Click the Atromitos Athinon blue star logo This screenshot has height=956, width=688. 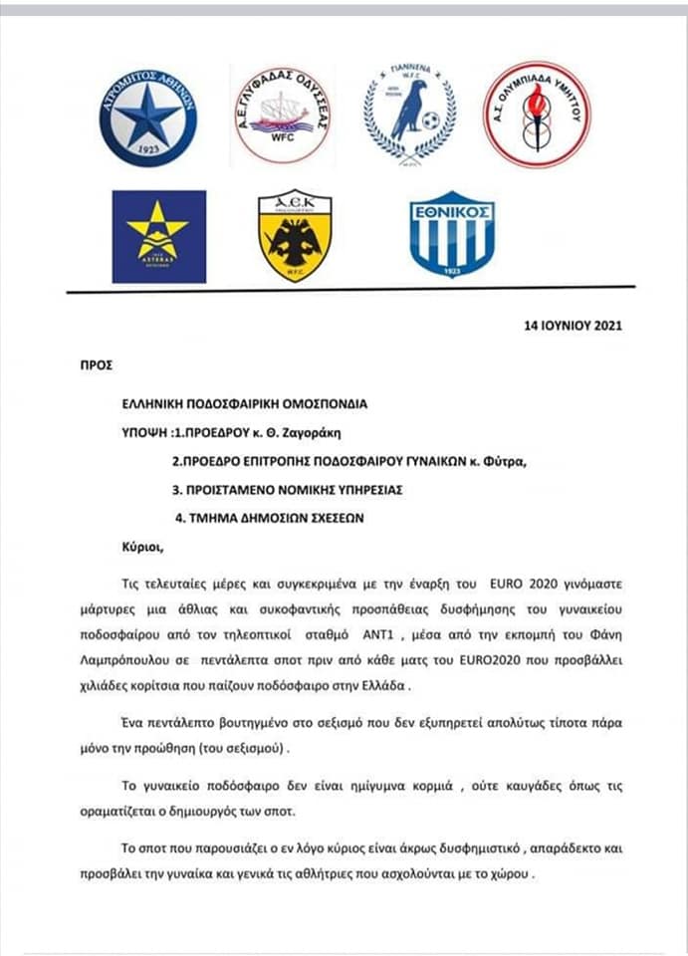tap(147, 117)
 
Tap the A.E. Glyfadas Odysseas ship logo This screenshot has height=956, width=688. tap(282, 117)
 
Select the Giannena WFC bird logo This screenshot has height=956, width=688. tap(408, 114)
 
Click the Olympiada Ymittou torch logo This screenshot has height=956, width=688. tap(537, 114)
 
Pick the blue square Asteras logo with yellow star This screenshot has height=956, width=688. tap(159, 237)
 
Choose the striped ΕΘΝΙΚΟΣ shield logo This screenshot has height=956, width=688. tap(452, 234)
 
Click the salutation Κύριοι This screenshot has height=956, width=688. tap(138, 547)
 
